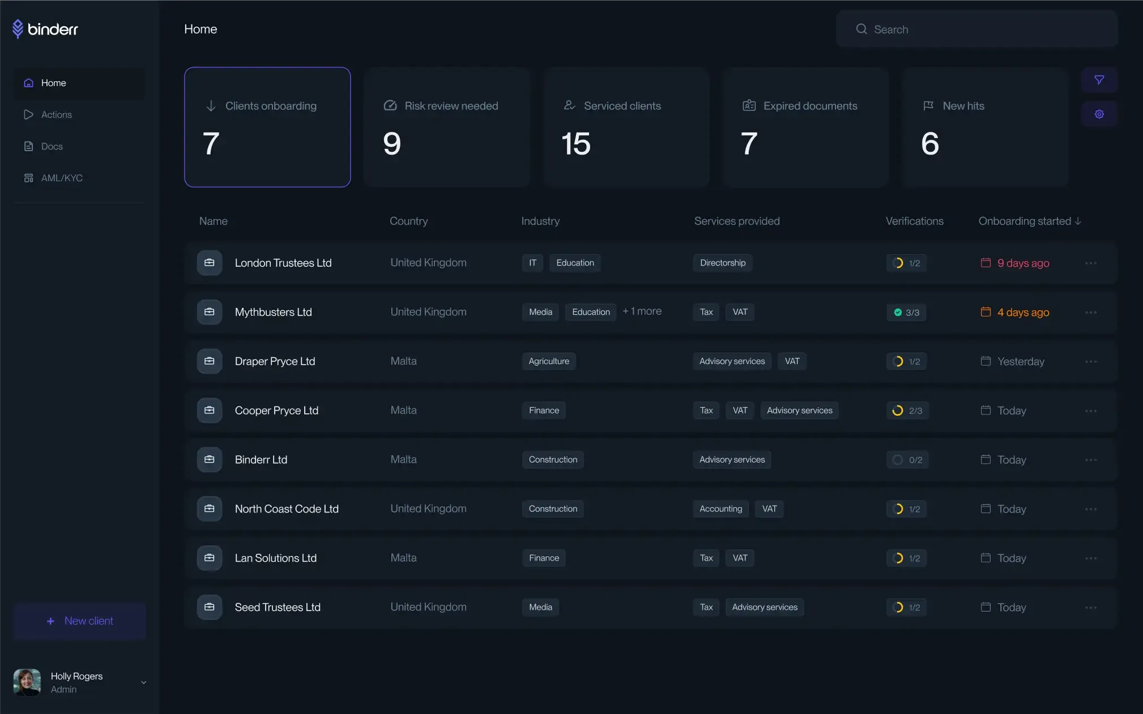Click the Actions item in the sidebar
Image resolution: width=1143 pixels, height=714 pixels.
[56, 114]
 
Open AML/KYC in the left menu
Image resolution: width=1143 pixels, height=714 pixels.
[61, 178]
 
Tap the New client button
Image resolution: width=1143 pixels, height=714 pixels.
[80, 621]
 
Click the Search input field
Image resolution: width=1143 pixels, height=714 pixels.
[976, 29]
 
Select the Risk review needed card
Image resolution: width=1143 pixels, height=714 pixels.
[446, 127]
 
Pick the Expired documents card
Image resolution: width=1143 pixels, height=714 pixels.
[805, 127]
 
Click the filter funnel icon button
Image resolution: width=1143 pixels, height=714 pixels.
[1099, 80]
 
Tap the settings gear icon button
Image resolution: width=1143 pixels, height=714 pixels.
[1099, 114]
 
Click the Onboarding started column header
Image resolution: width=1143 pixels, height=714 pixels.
[1029, 221]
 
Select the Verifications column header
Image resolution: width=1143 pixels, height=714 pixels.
[914, 221]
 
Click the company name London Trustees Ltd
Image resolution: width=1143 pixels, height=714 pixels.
[283, 263]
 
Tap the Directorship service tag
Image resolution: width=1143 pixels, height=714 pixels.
[722, 263]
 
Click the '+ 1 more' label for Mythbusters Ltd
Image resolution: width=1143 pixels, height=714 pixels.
[642, 311]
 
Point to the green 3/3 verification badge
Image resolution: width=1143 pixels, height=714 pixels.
[906, 313]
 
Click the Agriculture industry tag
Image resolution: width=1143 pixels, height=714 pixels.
[548, 361]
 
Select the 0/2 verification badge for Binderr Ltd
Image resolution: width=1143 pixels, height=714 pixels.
[907, 460]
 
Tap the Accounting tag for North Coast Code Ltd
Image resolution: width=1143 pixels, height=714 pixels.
[720, 509]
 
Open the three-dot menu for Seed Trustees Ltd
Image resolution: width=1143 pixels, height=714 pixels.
[1091, 608]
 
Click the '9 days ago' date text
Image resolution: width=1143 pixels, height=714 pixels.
[1023, 263]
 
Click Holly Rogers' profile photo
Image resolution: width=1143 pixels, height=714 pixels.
[27, 682]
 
